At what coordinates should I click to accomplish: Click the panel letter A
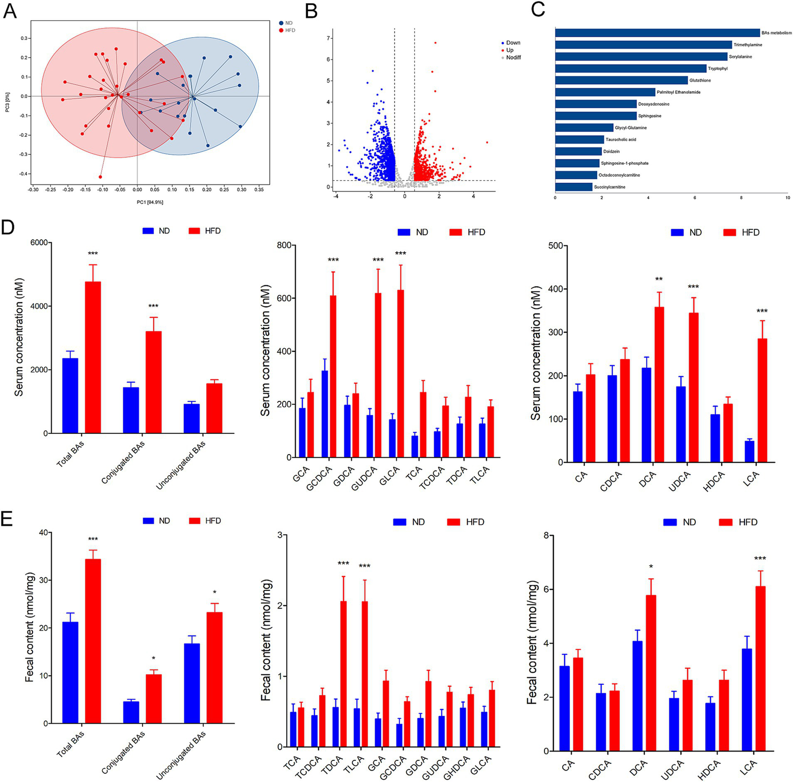pos(10,11)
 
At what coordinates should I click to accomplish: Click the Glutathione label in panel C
pos(700,81)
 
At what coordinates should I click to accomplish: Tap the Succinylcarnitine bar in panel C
pos(573,187)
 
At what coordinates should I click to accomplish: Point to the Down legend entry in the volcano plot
pos(513,43)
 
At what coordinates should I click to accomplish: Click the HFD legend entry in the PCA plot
pos(290,30)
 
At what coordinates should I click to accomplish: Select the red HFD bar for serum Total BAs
pos(93,357)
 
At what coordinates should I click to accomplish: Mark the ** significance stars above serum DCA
pos(659,279)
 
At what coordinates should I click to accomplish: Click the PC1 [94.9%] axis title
pos(150,202)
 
